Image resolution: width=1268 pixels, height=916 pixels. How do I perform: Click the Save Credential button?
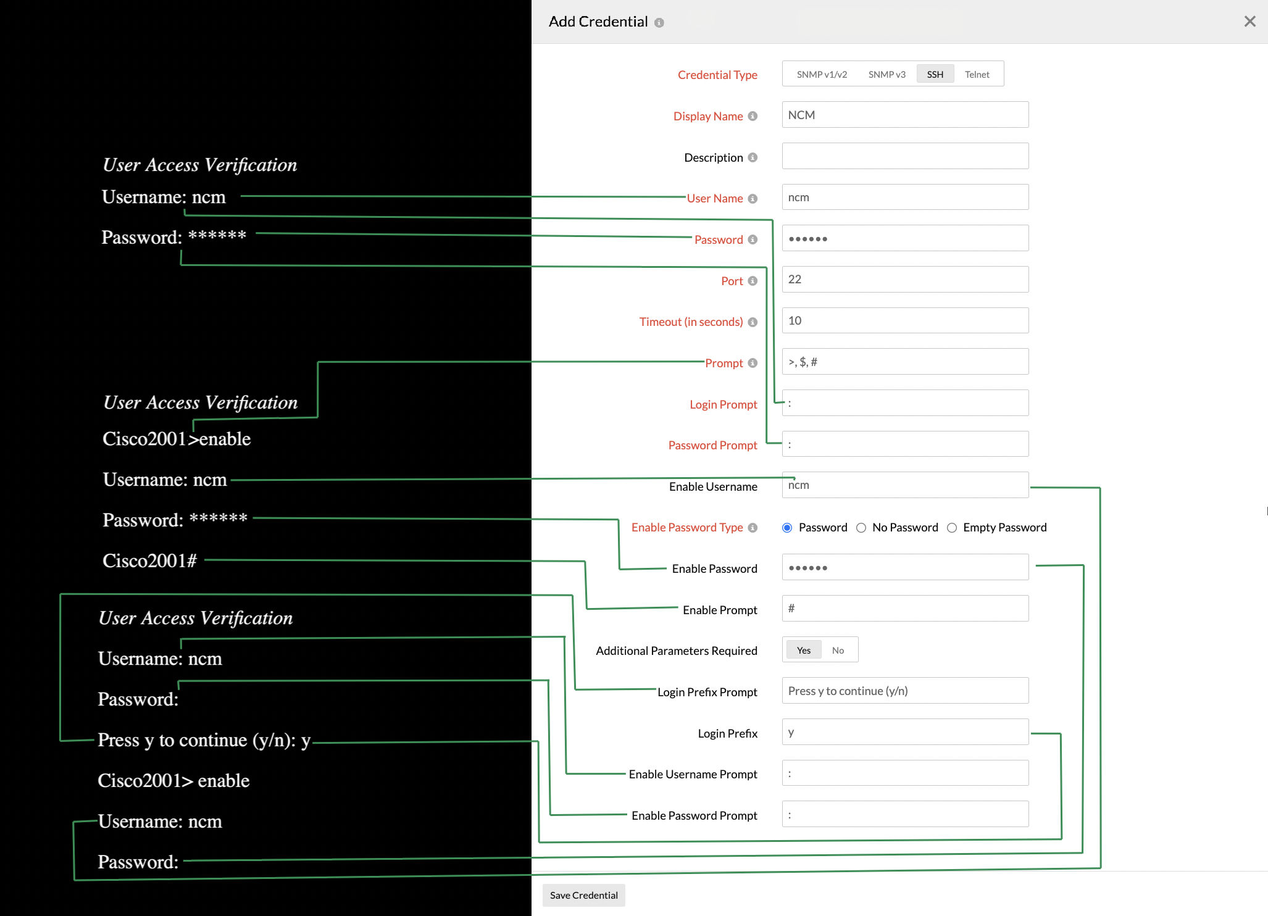[583, 895]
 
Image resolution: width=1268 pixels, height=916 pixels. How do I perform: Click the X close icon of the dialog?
[1249, 22]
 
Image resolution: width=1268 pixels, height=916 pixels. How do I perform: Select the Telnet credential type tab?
[977, 74]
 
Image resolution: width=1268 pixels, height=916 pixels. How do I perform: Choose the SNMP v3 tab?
[886, 74]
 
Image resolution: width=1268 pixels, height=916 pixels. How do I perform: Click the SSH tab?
[935, 74]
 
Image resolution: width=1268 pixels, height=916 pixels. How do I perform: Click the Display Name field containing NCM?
[904, 115]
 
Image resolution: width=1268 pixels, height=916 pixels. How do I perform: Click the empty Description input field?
[904, 156]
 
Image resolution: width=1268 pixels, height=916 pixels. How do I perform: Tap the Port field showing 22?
[904, 279]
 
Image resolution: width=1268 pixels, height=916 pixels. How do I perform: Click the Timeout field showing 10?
[904, 320]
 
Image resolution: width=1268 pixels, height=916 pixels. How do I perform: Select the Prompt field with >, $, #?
[904, 362]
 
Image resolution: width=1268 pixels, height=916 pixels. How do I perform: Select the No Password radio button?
[861, 528]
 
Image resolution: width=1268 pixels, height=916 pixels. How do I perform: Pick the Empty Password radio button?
[952, 528]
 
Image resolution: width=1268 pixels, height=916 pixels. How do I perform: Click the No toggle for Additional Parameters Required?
[838, 650]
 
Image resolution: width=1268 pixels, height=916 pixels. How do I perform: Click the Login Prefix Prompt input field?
[904, 691]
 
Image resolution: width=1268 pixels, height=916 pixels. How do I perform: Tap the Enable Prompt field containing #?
[904, 609]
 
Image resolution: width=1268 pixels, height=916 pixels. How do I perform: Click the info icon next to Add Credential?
[659, 23]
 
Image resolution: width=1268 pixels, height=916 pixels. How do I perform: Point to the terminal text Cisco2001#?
[149, 560]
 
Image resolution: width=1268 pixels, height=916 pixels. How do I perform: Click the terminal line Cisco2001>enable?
[177, 439]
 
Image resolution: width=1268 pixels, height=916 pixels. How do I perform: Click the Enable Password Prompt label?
[694, 815]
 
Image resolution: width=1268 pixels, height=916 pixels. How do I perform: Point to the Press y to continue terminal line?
[204, 740]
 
